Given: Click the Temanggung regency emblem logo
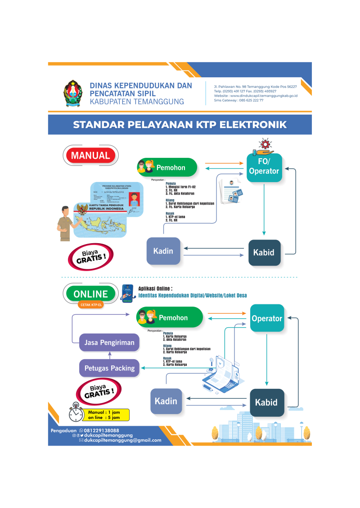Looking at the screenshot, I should pos(72,93).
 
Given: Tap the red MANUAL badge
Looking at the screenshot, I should pos(90,156).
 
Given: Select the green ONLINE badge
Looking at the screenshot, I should pos(90,294).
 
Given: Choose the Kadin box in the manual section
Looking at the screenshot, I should pos(163,251).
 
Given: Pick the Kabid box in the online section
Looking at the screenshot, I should pos(266,402).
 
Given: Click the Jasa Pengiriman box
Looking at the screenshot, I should pos(109,343).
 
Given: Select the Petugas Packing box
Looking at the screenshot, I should pos(109,368).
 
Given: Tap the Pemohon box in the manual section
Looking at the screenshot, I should pos(167,167).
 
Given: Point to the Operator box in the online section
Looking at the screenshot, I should pos(267,318).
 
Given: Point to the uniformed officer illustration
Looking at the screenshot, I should pos(66,223).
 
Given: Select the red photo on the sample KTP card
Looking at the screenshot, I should pos(133,197).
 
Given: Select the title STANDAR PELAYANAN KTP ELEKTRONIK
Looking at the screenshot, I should pos(180,125).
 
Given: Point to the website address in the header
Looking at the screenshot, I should pos(256,95).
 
